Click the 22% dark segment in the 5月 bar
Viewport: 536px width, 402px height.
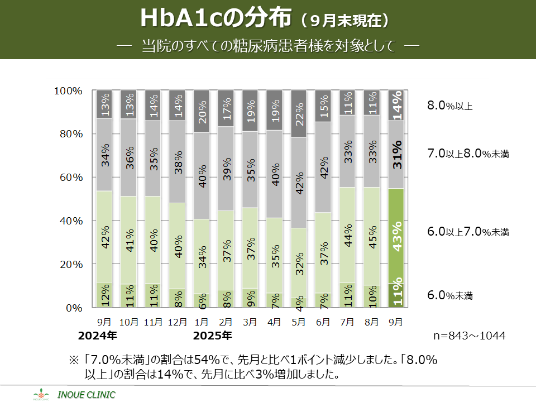(x=299, y=114)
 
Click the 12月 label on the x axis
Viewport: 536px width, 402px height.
(x=177, y=322)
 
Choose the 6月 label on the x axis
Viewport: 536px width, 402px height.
(x=324, y=322)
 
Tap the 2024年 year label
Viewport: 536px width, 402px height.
(x=98, y=336)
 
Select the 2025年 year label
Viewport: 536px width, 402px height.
(x=212, y=336)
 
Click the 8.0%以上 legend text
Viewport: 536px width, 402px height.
(x=449, y=105)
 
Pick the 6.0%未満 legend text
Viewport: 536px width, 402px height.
(x=449, y=295)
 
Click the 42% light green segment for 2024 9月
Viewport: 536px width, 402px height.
(x=104, y=237)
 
